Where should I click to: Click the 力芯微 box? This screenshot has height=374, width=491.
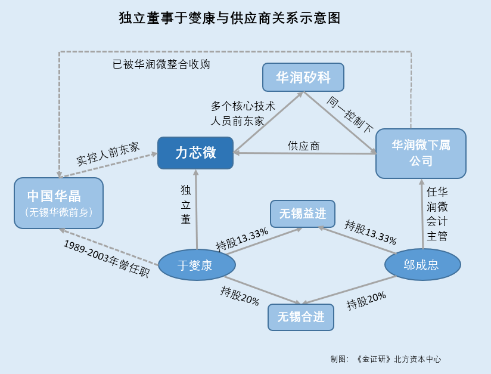195,153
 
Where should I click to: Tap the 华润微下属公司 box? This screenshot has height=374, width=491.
421,153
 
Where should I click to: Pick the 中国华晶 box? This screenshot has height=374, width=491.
58,203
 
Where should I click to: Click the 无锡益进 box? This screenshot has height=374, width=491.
302,214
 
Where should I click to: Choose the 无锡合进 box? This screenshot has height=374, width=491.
301,317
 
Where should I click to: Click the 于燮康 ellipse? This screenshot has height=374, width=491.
195,265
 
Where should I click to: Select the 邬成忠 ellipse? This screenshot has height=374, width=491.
422,265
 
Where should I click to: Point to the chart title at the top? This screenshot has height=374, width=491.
229,18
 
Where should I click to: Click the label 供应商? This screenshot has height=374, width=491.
304,146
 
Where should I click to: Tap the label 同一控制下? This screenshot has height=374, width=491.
350,115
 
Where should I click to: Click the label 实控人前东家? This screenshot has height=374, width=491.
108,154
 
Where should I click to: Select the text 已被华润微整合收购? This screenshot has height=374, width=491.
161,64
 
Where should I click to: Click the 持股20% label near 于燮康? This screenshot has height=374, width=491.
240,295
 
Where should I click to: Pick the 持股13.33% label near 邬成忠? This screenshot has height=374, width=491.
371,232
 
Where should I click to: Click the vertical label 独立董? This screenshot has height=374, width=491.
186,205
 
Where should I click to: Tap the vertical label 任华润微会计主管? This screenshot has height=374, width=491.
437,214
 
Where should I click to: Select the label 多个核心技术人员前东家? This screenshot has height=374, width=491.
243,113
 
